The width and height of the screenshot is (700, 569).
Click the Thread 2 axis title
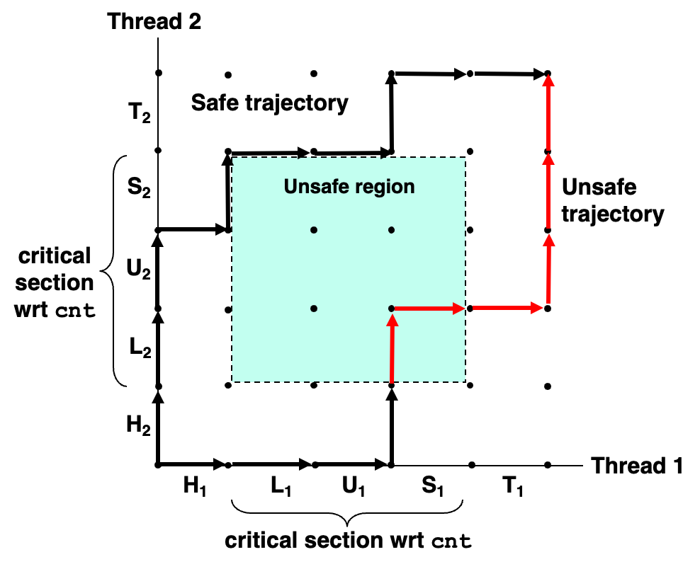[154, 21]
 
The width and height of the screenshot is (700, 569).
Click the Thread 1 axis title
[637, 466]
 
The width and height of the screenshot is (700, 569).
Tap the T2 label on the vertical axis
[140, 112]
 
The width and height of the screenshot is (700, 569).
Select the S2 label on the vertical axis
[139, 187]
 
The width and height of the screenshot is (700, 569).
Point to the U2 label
[138, 269]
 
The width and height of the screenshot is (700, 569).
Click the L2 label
[140, 347]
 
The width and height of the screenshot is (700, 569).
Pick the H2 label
[138, 425]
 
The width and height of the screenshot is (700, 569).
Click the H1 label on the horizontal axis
[195, 485]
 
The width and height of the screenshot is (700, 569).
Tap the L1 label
[281, 485]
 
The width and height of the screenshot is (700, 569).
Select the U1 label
[353, 485]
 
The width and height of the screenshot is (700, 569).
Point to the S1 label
[433, 485]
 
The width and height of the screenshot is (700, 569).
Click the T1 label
[512, 485]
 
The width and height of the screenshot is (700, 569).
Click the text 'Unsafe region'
[349, 186]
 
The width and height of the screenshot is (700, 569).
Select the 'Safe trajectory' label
[270, 103]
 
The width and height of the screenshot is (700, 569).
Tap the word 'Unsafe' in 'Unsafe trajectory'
[599, 187]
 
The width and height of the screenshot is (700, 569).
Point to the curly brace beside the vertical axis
[108, 270]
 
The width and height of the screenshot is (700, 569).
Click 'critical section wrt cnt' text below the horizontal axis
[348, 541]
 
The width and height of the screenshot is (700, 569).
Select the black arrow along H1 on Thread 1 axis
[193, 465]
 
